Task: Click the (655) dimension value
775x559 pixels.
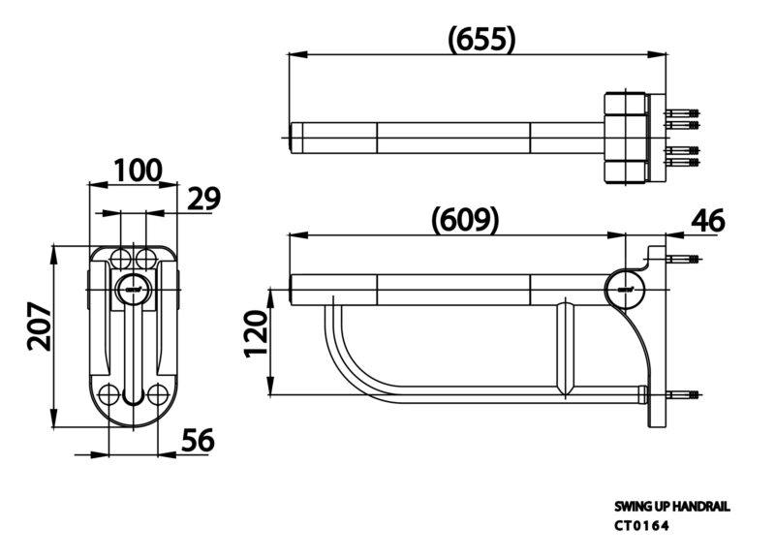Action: (x=481, y=39)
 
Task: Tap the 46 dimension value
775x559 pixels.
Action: (x=708, y=221)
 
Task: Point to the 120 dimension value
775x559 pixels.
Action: (x=257, y=333)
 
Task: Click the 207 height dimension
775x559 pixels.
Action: (x=39, y=326)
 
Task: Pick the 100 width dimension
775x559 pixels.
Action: (x=138, y=171)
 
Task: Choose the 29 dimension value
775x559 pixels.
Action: (x=203, y=199)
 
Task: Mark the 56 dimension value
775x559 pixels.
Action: (x=199, y=440)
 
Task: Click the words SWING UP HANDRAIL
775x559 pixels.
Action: (x=671, y=507)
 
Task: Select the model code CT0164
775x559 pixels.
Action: (x=641, y=526)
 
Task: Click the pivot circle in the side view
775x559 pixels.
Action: (x=625, y=289)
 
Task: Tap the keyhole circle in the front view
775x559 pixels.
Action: (x=133, y=290)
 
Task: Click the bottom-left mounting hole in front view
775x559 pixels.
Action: (x=108, y=394)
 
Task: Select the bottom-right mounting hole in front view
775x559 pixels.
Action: (x=158, y=394)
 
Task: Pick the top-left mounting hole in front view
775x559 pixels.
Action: (x=120, y=258)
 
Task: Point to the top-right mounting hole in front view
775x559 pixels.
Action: (x=145, y=258)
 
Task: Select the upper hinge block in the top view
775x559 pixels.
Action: (x=625, y=104)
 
